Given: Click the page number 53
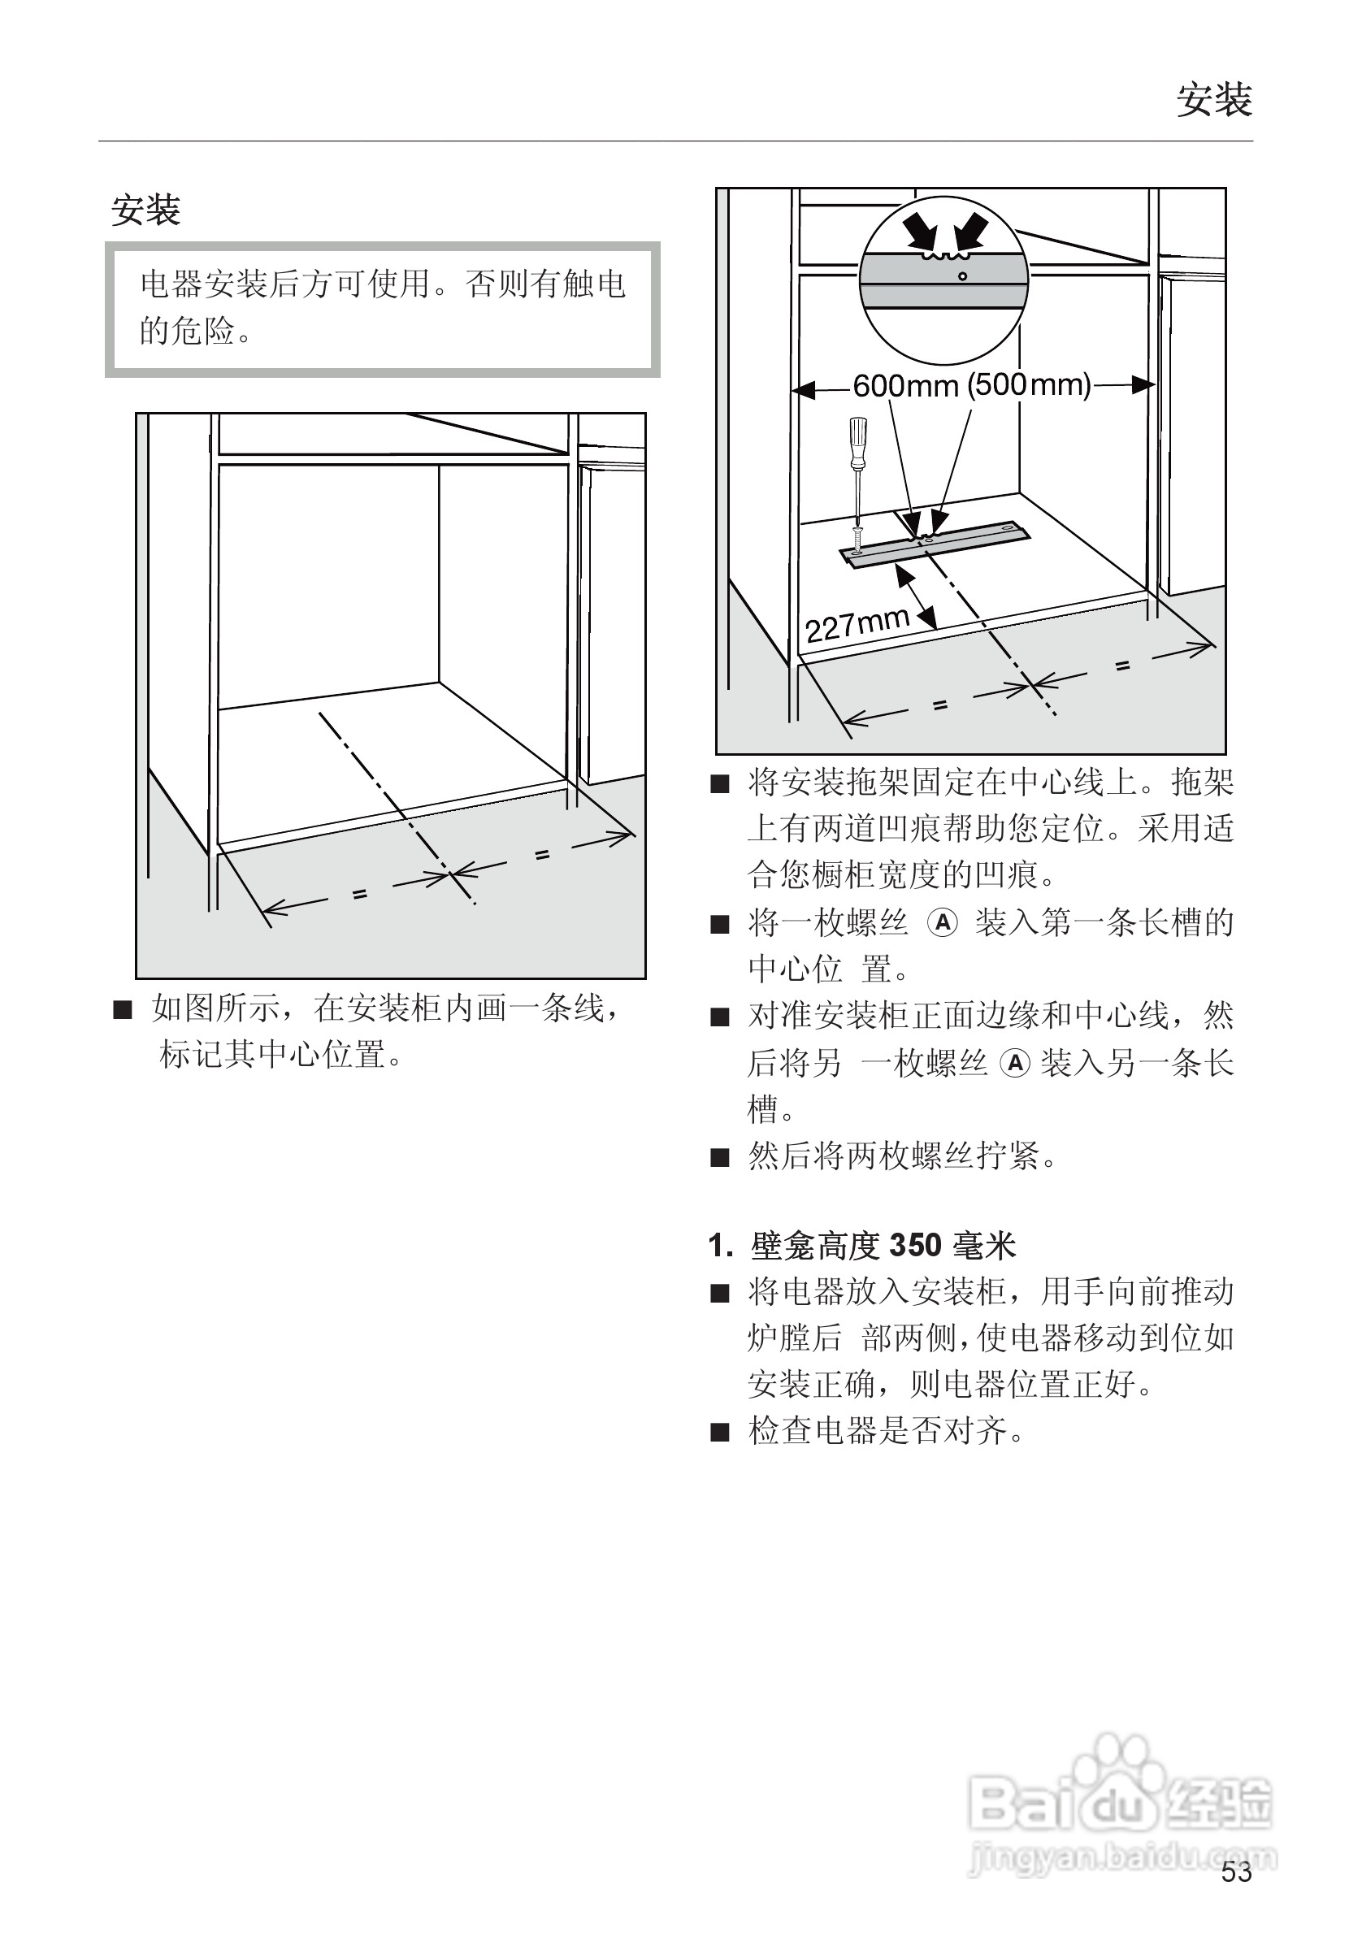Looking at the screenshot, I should (1237, 1871).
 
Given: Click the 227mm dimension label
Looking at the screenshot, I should (857, 624).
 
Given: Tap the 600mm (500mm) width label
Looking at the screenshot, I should (971, 386).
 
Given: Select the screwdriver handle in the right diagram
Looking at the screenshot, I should (858, 444).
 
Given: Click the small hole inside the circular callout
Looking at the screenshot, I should (963, 276).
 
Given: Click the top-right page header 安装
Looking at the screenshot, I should (1214, 100).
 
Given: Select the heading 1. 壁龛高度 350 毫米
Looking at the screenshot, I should (862, 1245).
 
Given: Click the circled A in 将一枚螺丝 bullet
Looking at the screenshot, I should (943, 923).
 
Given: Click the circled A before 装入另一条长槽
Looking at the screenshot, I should (1015, 1063).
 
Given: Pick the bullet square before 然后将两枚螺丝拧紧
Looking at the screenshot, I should (719, 1157).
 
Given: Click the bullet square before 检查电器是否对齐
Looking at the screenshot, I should (719, 1432).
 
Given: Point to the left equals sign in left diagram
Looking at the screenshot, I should (361, 895).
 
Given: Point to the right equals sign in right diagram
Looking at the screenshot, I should (1122, 666).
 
